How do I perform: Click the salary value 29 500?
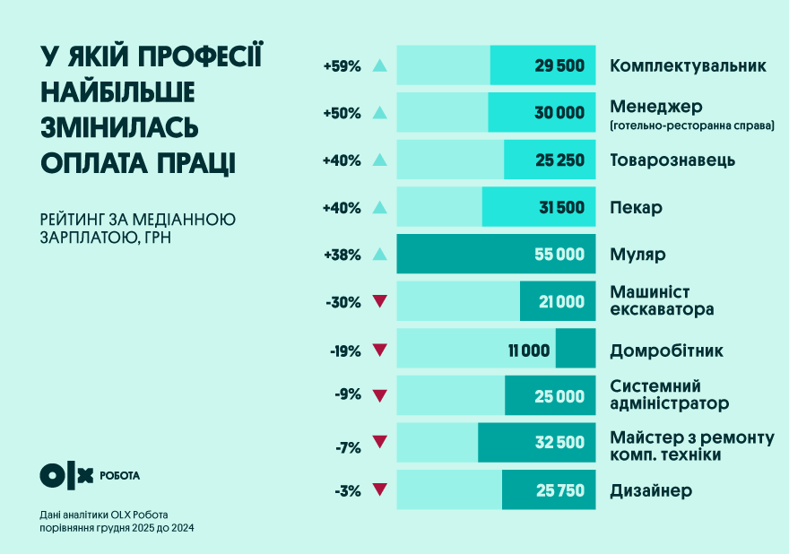click(x=561, y=66)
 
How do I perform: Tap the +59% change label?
click(x=342, y=66)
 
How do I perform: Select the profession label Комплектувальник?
click(x=688, y=66)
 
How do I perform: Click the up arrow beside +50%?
click(x=379, y=113)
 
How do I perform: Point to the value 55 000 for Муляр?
click(x=559, y=255)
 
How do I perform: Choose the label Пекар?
click(x=636, y=208)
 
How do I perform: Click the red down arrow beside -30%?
click(x=379, y=302)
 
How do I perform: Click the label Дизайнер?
click(x=651, y=490)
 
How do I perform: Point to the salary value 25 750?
click(x=560, y=490)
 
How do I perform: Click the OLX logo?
click(x=66, y=475)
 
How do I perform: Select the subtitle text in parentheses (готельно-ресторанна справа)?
click(x=691, y=126)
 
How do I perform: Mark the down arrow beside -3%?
click(x=379, y=490)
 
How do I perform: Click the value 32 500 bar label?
click(x=559, y=443)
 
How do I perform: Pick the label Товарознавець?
click(x=672, y=160)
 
